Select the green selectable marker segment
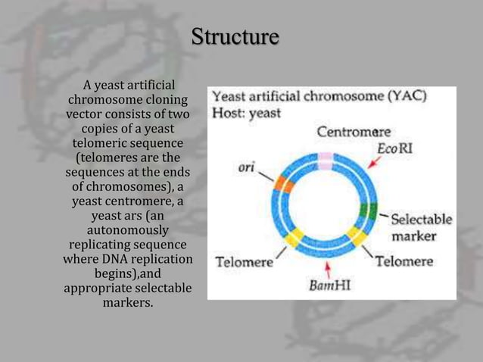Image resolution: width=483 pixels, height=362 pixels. tap(369, 211)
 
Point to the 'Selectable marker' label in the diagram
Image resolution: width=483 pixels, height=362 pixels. tap(420, 227)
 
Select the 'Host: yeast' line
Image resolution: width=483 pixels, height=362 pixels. tap(246, 114)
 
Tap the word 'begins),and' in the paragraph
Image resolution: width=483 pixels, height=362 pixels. tap(128, 273)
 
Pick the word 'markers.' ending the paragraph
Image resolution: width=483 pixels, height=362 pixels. tap(128, 303)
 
